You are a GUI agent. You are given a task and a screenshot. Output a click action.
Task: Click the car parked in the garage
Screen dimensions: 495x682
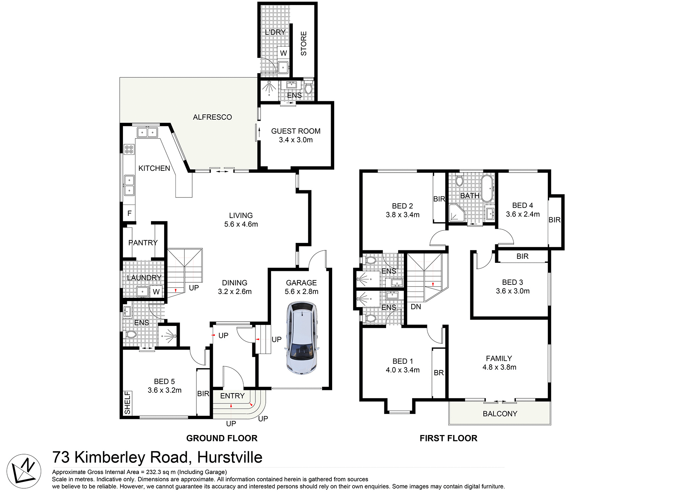(302, 338)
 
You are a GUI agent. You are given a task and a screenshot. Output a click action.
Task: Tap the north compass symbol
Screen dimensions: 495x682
(24, 471)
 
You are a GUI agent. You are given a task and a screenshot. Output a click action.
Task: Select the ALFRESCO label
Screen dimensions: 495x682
(212, 117)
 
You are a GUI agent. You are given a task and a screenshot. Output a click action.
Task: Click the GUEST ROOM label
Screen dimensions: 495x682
(296, 131)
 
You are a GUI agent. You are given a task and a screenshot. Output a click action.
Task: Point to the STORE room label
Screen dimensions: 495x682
(304, 43)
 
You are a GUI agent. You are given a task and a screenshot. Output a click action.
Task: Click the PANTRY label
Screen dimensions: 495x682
(143, 243)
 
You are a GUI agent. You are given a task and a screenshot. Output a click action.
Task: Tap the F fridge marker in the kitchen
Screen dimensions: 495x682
(129, 213)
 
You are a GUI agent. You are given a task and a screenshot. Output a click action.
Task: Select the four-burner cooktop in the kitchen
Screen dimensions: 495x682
(129, 149)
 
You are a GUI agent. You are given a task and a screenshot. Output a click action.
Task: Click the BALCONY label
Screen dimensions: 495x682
(500, 414)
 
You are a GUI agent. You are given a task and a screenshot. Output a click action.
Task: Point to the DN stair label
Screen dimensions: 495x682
(416, 307)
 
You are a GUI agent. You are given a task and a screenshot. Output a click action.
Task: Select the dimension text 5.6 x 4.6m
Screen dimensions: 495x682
(241, 224)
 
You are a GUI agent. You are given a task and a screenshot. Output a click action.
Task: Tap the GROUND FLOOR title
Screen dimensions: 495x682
(222, 438)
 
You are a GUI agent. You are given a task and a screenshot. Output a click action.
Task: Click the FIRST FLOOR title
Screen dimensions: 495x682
(448, 438)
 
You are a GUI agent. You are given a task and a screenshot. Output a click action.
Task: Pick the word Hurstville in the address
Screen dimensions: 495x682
(229, 457)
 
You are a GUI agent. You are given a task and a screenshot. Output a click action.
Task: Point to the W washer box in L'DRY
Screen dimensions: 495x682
(283, 53)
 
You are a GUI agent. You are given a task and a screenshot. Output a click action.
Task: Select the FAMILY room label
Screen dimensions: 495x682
(499, 359)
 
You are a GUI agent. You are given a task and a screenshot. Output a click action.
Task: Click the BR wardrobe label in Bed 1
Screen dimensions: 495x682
(439, 373)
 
